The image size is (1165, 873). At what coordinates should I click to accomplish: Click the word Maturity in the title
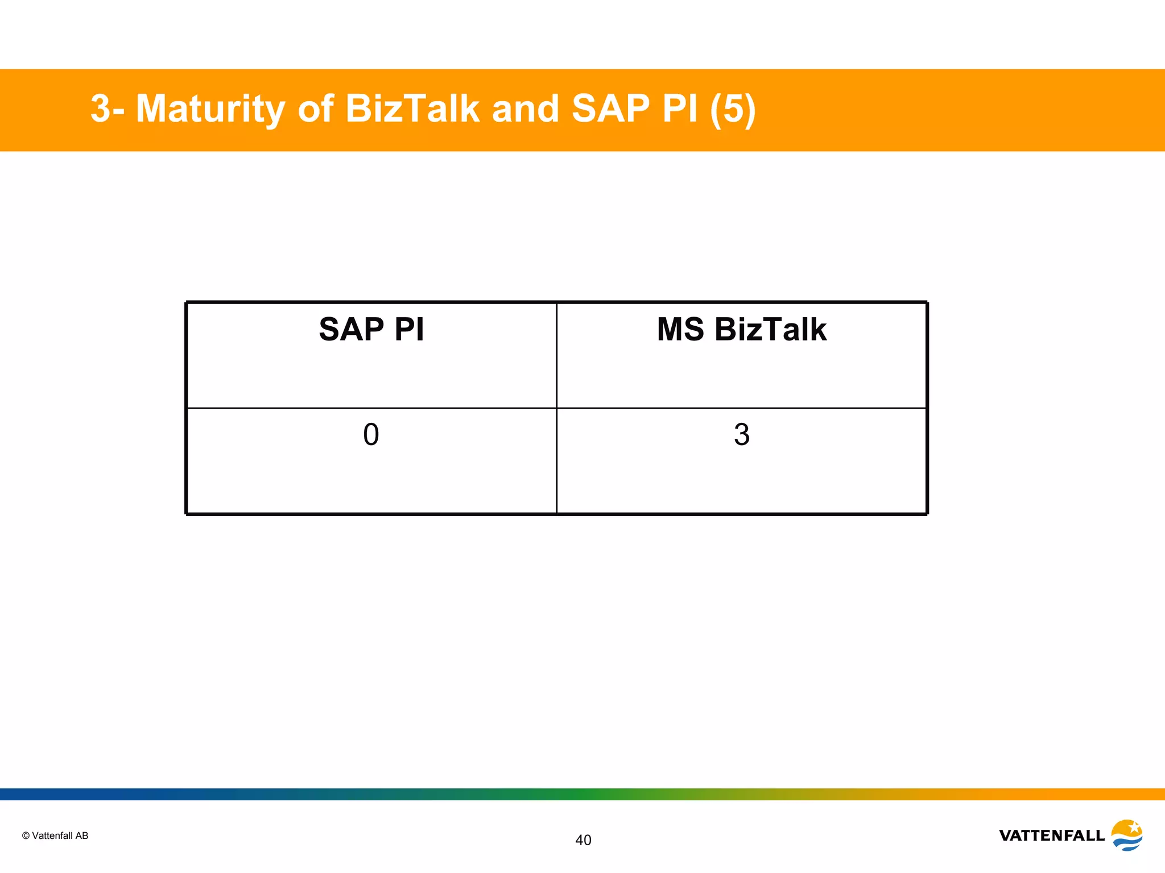tap(210, 109)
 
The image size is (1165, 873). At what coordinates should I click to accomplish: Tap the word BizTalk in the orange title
tap(412, 109)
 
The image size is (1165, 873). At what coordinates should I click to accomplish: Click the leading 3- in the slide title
tap(107, 109)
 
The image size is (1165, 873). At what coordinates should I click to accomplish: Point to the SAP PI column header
tap(371, 330)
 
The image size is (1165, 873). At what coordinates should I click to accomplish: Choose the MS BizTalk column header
tap(741, 330)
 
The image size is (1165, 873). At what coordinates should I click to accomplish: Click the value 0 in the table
tap(371, 435)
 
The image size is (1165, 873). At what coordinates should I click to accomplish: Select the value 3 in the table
tap(741, 435)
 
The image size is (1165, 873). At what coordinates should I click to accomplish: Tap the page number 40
tap(583, 840)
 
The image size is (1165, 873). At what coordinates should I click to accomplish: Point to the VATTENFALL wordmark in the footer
tap(1051, 835)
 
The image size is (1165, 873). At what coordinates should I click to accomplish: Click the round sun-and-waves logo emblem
tap(1127, 835)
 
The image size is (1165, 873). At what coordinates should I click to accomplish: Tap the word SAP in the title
tap(610, 109)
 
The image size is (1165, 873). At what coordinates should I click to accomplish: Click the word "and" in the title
tap(525, 109)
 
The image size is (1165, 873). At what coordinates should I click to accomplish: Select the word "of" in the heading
tap(315, 109)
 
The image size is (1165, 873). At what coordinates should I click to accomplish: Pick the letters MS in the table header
tap(680, 330)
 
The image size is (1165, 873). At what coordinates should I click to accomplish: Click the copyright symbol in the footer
tap(26, 835)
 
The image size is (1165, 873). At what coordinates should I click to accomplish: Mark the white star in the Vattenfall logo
tap(1134, 827)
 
